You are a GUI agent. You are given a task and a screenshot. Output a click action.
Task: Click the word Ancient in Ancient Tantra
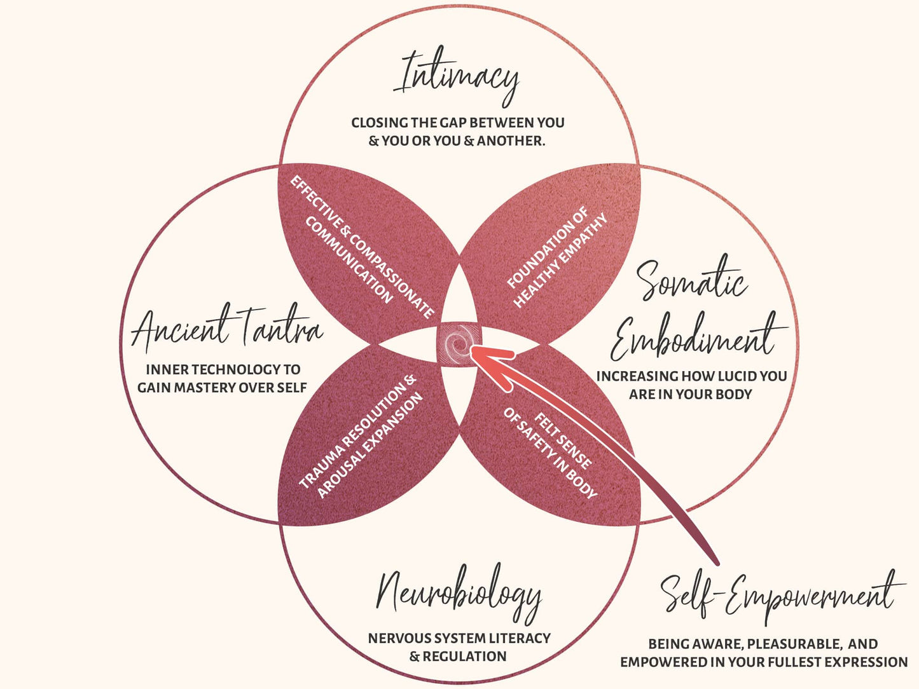click(x=180, y=329)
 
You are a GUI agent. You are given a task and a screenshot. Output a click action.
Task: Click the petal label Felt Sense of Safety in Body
click(x=550, y=453)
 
